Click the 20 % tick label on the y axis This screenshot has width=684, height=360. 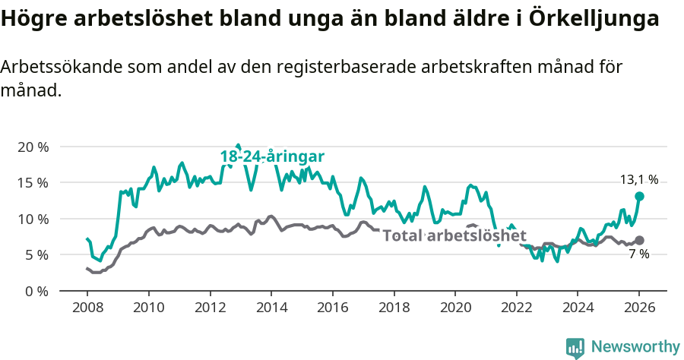pyautogui.click(x=32, y=147)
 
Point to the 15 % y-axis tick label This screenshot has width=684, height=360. pyautogui.click(x=32, y=183)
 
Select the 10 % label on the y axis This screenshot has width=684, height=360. pyautogui.click(x=32, y=219)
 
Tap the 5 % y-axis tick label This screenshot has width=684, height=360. pyautogui.click(x=35, y=255)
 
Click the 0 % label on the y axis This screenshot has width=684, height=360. pyautogui.click(x=35, y=291)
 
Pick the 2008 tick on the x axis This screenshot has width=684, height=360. pyautogui.click(x=87, y=309)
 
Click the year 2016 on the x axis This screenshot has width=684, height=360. pyautogui.click(x=332, y=309)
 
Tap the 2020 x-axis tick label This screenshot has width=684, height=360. pyautogui.click(x=455, y=309)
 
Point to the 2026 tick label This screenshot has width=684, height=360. pyautogui.click(x=639, y=309)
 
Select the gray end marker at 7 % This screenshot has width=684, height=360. pyautogui.click(x=639, y=240)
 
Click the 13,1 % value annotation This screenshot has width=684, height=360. pyautogui.click(x=639, y=180)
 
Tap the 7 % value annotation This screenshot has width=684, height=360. pyautogui.click(x=639, y=254)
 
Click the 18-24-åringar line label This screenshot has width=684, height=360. pyautogui.click(x=272, y=156)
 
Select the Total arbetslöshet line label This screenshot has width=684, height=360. pyautogui.click(x=454, y=235)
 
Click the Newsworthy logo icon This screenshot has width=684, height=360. pyautogui.click(x=575, y=347)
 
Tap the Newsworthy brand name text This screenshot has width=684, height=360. pyautogui.click(x=635, y=347)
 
